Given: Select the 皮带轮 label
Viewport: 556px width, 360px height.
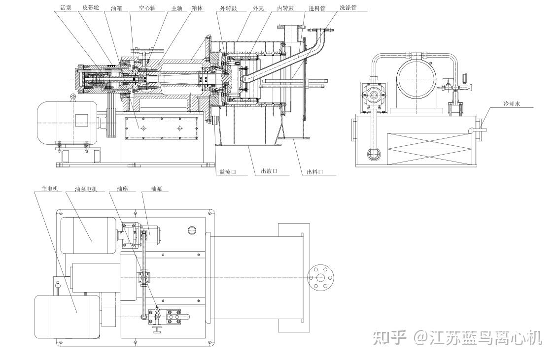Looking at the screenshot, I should point(91,8).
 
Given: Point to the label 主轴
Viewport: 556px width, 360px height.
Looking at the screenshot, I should point(176,8).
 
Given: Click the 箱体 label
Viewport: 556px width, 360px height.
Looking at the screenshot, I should point(197,8).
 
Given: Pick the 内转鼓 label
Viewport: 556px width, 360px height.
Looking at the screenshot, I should point(286,8).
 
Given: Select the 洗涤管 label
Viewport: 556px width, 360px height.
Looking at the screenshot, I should point(348,8).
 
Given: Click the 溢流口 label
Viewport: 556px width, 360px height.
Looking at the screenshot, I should point(227,172).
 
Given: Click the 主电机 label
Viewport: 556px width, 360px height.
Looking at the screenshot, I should point(50,189).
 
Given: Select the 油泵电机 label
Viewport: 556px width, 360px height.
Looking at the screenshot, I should point(86,189).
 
